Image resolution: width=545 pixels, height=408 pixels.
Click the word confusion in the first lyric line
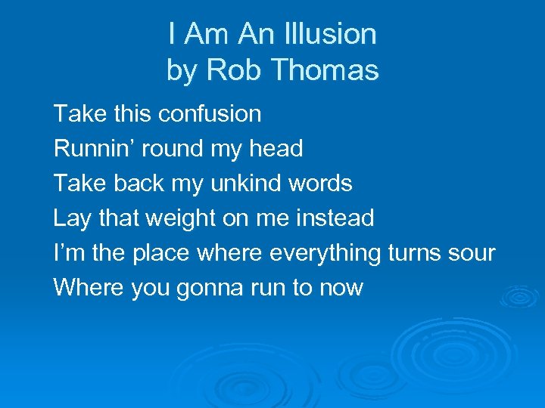point(210,114)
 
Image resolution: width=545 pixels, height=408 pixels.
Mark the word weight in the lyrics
point(179,219)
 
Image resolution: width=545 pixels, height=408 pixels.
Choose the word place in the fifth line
point(161,253)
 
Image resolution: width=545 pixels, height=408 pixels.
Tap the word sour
point(472,253)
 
